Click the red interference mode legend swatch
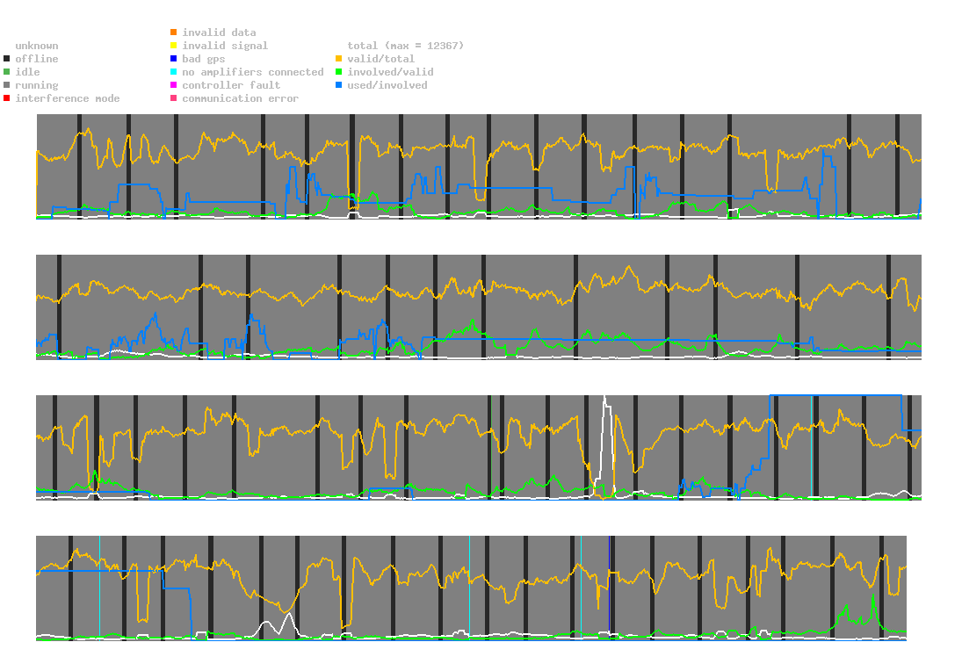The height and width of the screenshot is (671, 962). tap(7, 98)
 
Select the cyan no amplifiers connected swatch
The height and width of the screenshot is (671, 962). tap(174, 72)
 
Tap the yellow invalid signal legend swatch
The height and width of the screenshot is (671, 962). tap(174, 46)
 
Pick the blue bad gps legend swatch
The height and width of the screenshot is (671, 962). tap(174, 59)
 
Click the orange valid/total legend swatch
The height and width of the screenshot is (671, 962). tap(339, 59)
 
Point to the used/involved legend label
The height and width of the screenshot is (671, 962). tap(387, 85)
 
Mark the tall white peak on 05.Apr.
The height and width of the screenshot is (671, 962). tap(604, 400)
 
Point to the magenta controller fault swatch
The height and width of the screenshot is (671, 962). tap(174, 85)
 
